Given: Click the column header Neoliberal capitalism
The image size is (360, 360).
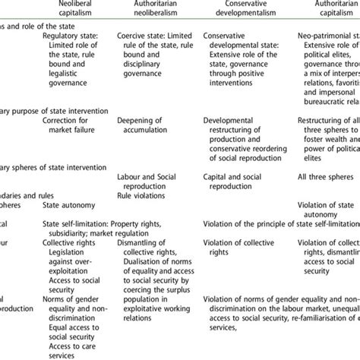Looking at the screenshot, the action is coord(73,8).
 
